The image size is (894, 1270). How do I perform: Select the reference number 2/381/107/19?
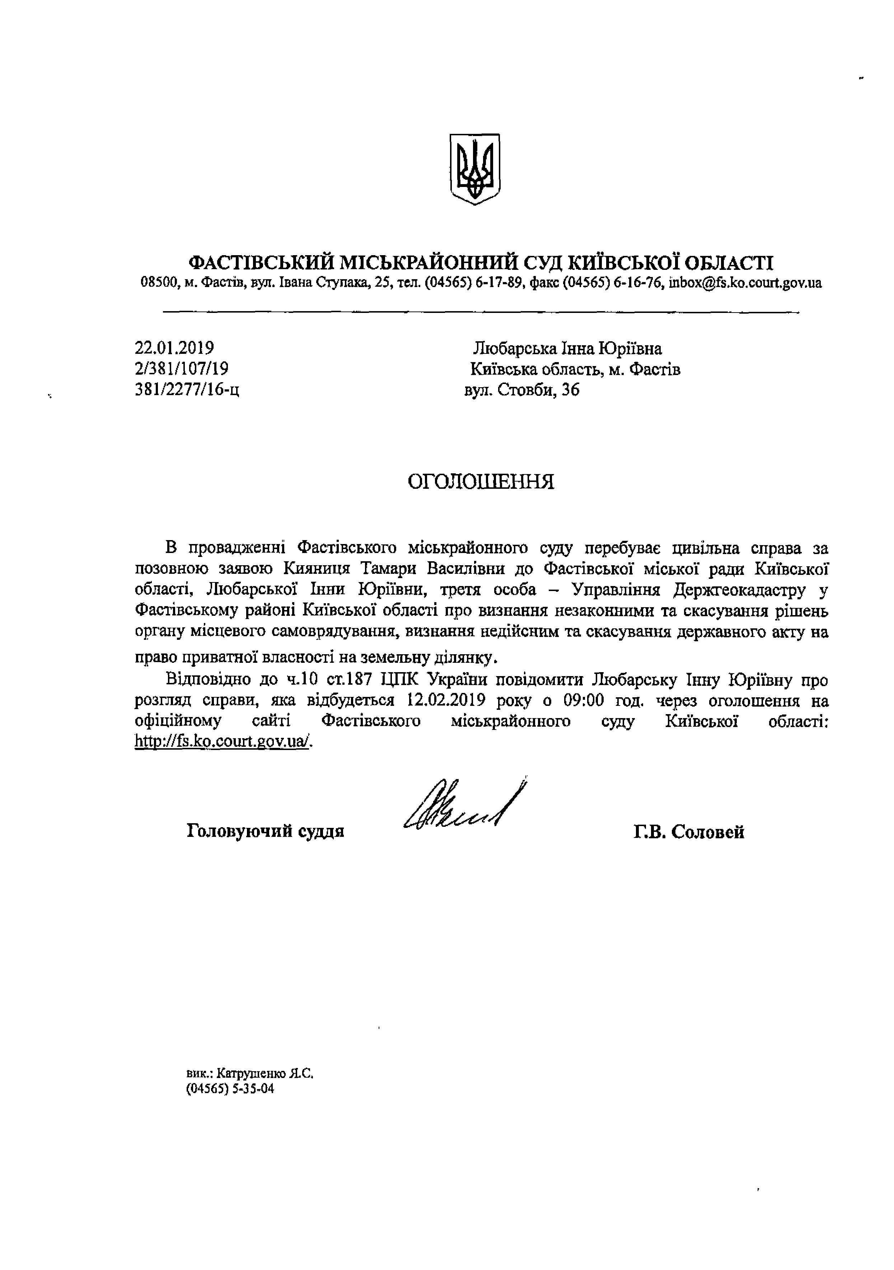182,369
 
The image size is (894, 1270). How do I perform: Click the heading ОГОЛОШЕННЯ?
481,482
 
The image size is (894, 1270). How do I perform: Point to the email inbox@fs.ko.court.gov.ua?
745,283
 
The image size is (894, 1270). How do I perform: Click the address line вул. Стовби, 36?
522,390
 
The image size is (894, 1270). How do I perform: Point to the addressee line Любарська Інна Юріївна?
568,348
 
